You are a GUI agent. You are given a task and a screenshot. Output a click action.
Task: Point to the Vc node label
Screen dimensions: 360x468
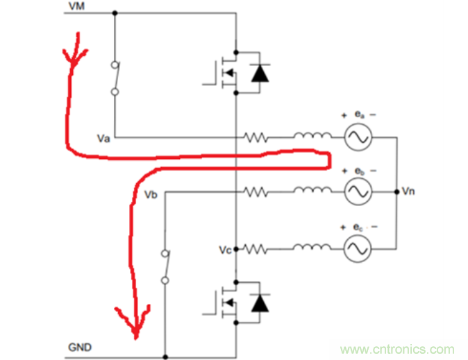(224, 248)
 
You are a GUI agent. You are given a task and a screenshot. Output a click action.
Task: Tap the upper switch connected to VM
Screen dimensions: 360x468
(115, 78)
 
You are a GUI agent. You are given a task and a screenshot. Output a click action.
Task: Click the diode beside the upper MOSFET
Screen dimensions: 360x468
(260, 71)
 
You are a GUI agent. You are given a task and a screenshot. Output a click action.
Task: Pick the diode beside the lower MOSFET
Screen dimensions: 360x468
(260, 302)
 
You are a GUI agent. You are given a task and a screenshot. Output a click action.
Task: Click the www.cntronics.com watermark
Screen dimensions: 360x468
(397, 349)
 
